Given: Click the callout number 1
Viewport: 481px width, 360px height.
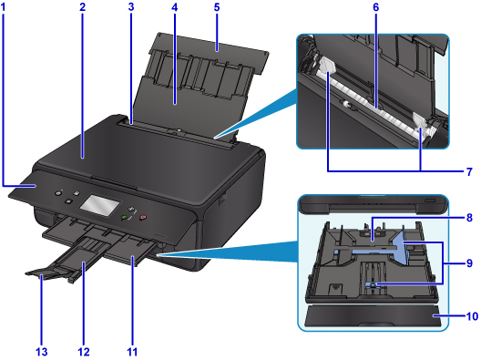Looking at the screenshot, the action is pos(3,7).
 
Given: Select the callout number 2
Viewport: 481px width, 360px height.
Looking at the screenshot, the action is pos(82,7).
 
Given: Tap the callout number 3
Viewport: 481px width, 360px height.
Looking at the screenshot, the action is pos(131,7).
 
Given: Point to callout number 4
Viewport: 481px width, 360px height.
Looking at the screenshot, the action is pos(174,7).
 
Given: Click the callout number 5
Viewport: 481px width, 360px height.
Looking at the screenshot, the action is pos(217,7).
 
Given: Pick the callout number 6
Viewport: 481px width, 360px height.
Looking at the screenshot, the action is pos(376,7).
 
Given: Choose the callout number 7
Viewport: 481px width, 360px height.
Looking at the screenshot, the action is pos(469,172).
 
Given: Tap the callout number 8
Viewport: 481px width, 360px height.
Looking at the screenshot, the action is pos(469,218).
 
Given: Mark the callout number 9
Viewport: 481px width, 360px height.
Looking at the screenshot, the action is pos(469,263).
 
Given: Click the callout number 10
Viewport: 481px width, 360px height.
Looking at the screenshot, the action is pos(472,316).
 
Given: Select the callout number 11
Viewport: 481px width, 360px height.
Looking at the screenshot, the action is pos(132,352).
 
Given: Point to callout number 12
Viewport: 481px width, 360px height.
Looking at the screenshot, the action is pos(84,352).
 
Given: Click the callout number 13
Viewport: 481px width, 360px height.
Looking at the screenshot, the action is pos(41,352).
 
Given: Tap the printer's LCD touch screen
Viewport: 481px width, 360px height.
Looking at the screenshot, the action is pos(99,205).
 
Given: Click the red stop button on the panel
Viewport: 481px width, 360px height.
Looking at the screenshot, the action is pos(143,218).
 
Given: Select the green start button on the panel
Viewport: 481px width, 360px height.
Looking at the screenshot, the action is pos(125,217).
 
